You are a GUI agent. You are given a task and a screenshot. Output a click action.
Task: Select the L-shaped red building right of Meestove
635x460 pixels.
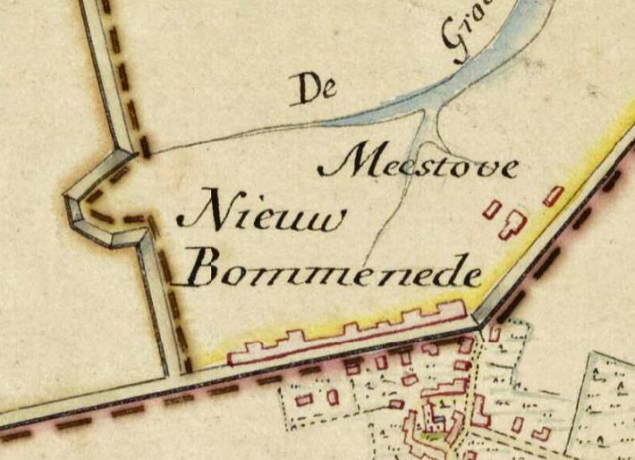pyautogui.click(x=513, y=223)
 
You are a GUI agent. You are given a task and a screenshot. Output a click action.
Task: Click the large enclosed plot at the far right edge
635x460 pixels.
pyautogui.click(x=608, y=394)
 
